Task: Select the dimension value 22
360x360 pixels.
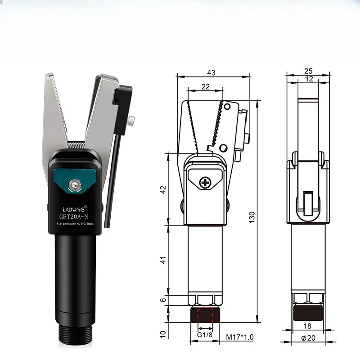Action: [x=205, y=87]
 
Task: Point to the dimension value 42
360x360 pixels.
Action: [x=163, y=189]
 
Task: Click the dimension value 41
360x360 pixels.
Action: [x=163, y=260]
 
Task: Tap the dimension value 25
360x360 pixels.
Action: [x=308, y=71]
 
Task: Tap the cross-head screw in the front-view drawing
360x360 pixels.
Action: [x=206, y=182]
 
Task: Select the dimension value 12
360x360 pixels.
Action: [x=308, y=79]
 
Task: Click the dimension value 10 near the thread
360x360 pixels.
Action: [x=163, y=333]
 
